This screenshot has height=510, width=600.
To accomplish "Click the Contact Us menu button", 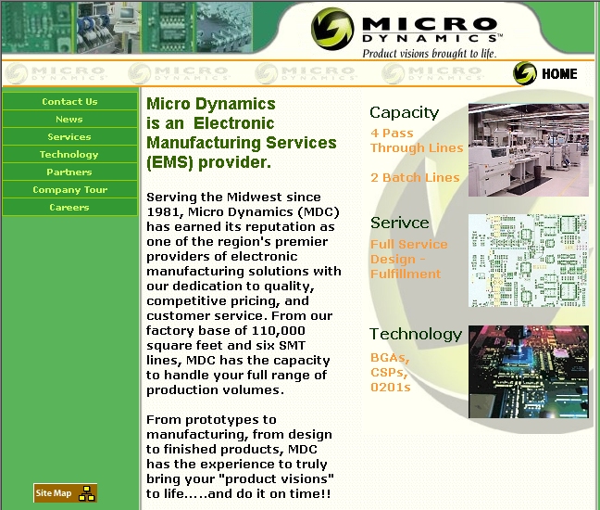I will [x=69, y=102].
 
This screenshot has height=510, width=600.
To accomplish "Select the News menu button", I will [x=69, y=120].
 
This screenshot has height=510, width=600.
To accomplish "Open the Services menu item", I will [x=69, y=137].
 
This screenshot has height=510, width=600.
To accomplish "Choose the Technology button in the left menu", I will [x=69, y=155].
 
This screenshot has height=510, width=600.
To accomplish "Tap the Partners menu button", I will [x=69, y=172].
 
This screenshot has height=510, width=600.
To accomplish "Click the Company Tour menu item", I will [x=69, y=190].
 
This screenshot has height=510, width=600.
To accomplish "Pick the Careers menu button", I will [x=69, y=208].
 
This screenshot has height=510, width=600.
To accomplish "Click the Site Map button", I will [x=65, y=493].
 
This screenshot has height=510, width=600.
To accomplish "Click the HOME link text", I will [x=559, y=74].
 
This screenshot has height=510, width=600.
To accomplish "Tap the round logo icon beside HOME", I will [x=525, y=73].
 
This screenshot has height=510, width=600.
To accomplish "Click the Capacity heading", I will [x=404, y=113].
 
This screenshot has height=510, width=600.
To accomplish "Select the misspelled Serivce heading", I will [x=399, y=223].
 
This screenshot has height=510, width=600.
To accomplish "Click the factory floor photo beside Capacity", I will [x=528, y=149].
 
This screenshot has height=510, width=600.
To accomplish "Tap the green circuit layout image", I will [x=528, y=261].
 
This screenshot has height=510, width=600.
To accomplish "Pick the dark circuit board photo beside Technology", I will [x=528, y=372].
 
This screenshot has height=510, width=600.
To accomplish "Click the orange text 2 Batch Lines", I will [x=415, y=178].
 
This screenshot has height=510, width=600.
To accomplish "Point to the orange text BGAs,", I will [x=390, y=357].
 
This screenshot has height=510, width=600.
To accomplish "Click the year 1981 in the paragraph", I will [x=164, y=212].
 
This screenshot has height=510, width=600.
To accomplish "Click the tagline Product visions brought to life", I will [x=429, y=53].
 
